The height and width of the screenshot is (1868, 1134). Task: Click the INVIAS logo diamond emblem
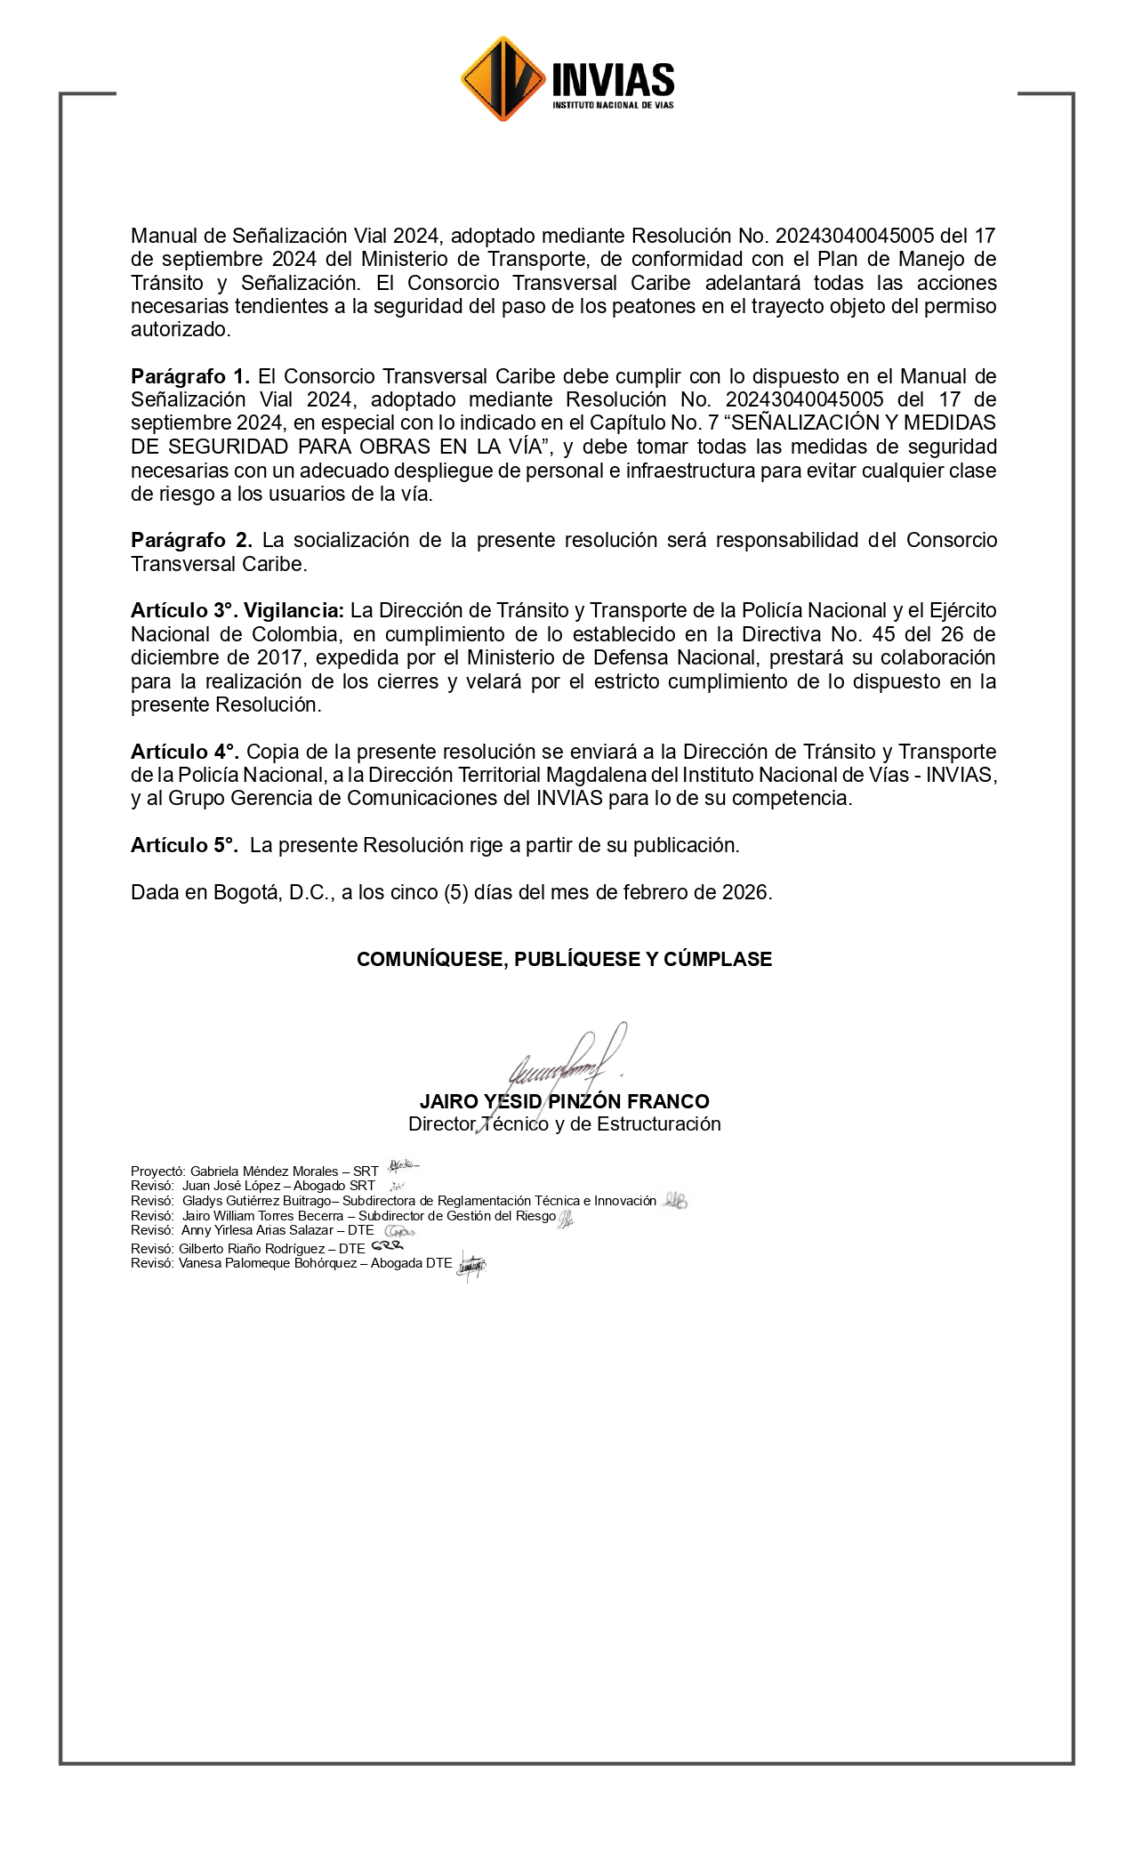tap(503, 79)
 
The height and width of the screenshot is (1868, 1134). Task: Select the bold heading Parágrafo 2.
tap(191, 540)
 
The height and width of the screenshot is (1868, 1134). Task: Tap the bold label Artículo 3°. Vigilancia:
tap(237, 610)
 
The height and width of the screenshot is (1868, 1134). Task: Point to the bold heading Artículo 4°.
tap(184, 752)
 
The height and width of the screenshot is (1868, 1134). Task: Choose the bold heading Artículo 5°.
tap(184, 845)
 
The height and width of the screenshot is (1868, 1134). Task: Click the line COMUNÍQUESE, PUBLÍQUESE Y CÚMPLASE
tap(564, 959)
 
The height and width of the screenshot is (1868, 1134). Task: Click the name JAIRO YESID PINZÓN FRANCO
tap(564, 1101)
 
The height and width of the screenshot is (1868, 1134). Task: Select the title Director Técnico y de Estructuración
tap(564, 1124)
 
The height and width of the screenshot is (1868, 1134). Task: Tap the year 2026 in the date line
tap(745, 892)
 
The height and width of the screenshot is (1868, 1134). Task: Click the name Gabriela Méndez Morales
tap(264, 1172)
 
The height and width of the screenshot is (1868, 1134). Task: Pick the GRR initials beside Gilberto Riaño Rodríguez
tap(387, 1246)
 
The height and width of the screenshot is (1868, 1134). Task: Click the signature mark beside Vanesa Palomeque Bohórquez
tap(471, 1265)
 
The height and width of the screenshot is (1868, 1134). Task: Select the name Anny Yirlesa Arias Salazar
tap(257, 1230)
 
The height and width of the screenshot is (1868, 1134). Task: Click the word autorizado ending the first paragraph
tap(179, 329)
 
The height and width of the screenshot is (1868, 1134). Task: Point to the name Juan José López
tap(231, 1186)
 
